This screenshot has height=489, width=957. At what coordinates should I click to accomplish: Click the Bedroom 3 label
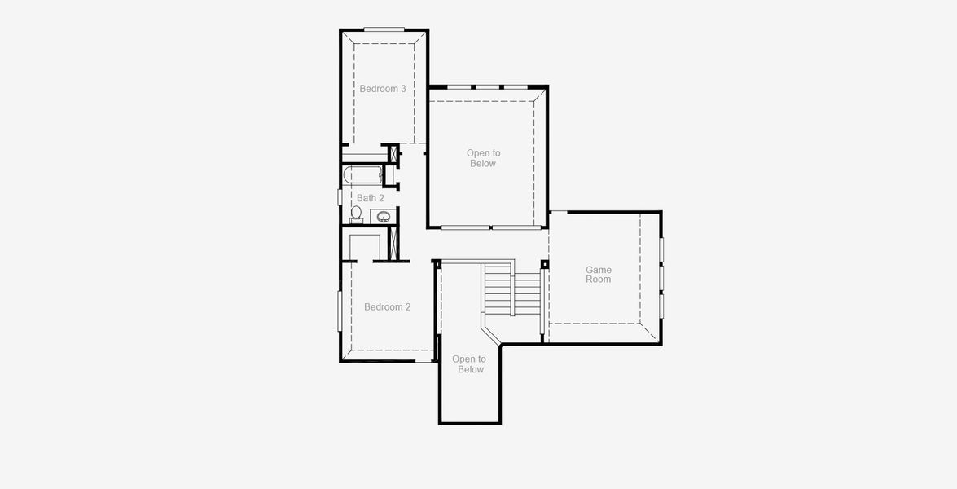(383, 89)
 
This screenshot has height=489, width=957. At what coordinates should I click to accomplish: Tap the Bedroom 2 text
(387, 307)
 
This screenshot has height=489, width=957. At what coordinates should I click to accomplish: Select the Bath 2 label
(370, 198)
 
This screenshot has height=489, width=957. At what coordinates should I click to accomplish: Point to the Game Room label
(598, 275)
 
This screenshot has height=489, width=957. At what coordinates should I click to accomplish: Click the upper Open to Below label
(483, 158)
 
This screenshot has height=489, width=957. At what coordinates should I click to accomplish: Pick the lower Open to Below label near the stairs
(469, 364)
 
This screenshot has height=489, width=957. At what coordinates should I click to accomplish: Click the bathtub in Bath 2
(362, 174)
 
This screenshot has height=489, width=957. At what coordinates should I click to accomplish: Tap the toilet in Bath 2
(356, 214)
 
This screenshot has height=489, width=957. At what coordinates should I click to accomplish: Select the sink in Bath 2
(383, 217)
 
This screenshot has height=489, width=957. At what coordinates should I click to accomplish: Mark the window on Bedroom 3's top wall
(384, 30)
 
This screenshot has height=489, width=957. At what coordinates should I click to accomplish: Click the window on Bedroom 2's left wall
(340, 311)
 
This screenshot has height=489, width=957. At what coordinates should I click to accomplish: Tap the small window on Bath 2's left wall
(340, 196)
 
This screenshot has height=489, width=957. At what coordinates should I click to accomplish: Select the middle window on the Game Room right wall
(661, 278)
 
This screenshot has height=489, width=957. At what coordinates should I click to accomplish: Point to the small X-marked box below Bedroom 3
(395, 153)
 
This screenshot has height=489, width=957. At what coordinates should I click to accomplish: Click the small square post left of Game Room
(544, 264)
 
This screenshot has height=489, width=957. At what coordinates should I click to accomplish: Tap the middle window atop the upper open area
(488, 86)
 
